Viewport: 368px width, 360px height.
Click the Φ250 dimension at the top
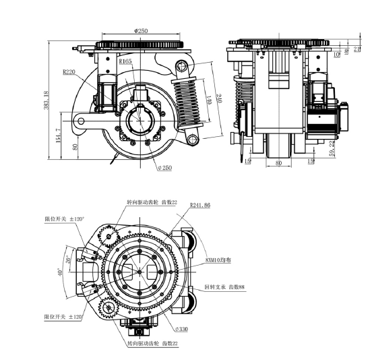[x=142, y=30]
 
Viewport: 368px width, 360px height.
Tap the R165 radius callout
[x=125, y=61]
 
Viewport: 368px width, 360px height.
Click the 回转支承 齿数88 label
[x=225, y=287]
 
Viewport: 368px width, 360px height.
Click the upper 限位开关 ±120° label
[x=63, y=219]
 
